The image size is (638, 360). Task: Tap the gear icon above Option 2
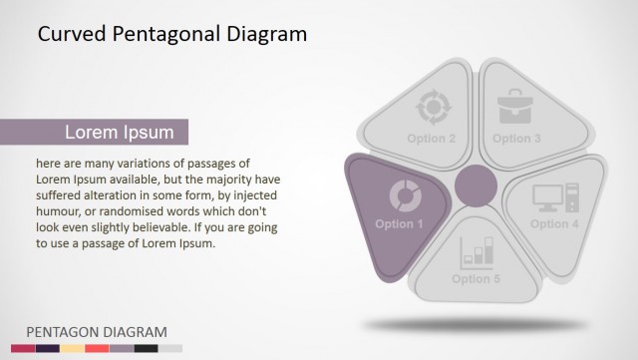click(x=433, y=106)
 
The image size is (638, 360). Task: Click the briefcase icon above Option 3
click(x=515, y=105)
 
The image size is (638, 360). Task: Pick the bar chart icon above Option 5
click(x=477, y=251)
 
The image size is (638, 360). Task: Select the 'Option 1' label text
click(x=399, y=224)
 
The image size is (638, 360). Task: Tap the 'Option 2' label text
click(x=431, y=139)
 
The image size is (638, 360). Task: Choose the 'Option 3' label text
click(x=516, y=139)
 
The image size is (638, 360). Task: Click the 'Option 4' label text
click(x=554, y=224)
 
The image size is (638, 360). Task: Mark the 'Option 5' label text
click(x=476, y=279)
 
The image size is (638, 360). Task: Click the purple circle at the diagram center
click(x=476, y=186)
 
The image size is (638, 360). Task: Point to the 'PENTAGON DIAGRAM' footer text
click(x=96, y=332)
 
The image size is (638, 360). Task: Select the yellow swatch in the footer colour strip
click(x=72, y=348)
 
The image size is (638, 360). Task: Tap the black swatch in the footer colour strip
click(x=146, y=348)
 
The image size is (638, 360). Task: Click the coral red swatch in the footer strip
click(x=97, y=348)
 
